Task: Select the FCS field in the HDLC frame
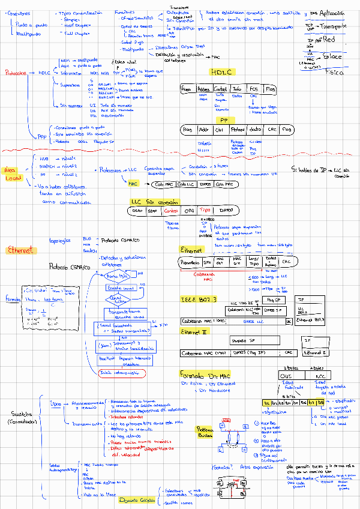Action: tap(254, 89)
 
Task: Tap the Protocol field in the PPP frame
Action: tap(238, 129)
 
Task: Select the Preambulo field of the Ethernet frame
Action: tap(190, 262)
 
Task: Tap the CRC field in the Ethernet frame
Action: tap(287, 262)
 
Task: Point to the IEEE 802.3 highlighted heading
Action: tap(199, 298)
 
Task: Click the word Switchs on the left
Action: tap(23, 414)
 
